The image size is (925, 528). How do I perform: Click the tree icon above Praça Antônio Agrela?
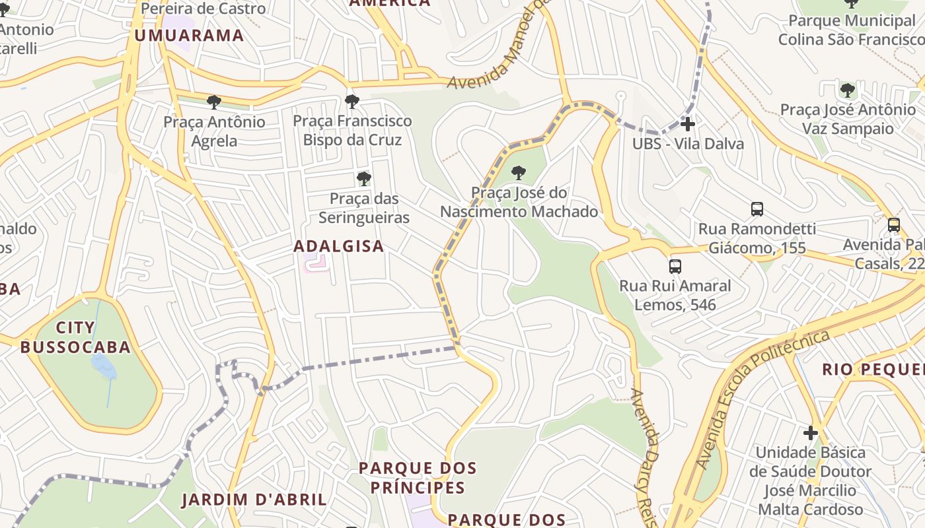pyautogui.click(x=213, y=102)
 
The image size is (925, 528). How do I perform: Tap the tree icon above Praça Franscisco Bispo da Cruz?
pyautogui.click(x=352, y=101)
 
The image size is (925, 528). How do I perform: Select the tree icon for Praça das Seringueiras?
pyautogui.click(x=363, y=178)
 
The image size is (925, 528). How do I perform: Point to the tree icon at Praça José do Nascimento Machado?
pyautogui.click(x=519, y=173)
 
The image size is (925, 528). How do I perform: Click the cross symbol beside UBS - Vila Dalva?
pyautogui.click(x=688, y=123)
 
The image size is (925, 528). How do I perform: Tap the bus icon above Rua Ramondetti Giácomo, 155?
pyautogui.click(x=757, y=209)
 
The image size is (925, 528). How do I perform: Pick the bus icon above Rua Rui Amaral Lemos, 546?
pyautogui.click(x=675, y=266)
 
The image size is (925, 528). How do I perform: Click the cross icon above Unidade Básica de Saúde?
pyautogui.click(x=811, y=433)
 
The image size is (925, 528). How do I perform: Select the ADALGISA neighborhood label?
pyautogui.click(x=338, y=246)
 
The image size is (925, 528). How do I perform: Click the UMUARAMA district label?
pyautogui.click(x=190, y=36)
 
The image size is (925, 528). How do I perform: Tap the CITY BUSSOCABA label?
pyautogui.click(x=75, y=337)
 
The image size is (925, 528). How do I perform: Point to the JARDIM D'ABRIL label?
pyautogui.click(x=254, y=500)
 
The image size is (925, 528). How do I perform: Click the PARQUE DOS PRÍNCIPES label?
pyautogui.click(x=418, y=478)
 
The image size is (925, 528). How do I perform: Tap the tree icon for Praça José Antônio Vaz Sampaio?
pyautogui.click(x=847, y=90)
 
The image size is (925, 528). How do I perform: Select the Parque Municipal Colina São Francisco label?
pyautogui.click(x=851, y=30)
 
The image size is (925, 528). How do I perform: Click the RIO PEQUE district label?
pyautogui.click(x=872, y=369)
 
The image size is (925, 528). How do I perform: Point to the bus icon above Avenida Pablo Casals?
pyautogui.click(x=894, y=224)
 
